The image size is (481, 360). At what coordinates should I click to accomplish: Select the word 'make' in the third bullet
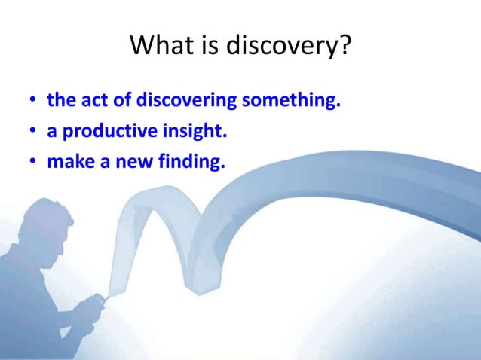(67, 162)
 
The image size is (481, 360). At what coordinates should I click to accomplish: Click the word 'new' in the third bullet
(124, 162)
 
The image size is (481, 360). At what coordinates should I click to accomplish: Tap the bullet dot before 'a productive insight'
(32, 132)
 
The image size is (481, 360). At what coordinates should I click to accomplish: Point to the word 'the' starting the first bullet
(60, 100)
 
